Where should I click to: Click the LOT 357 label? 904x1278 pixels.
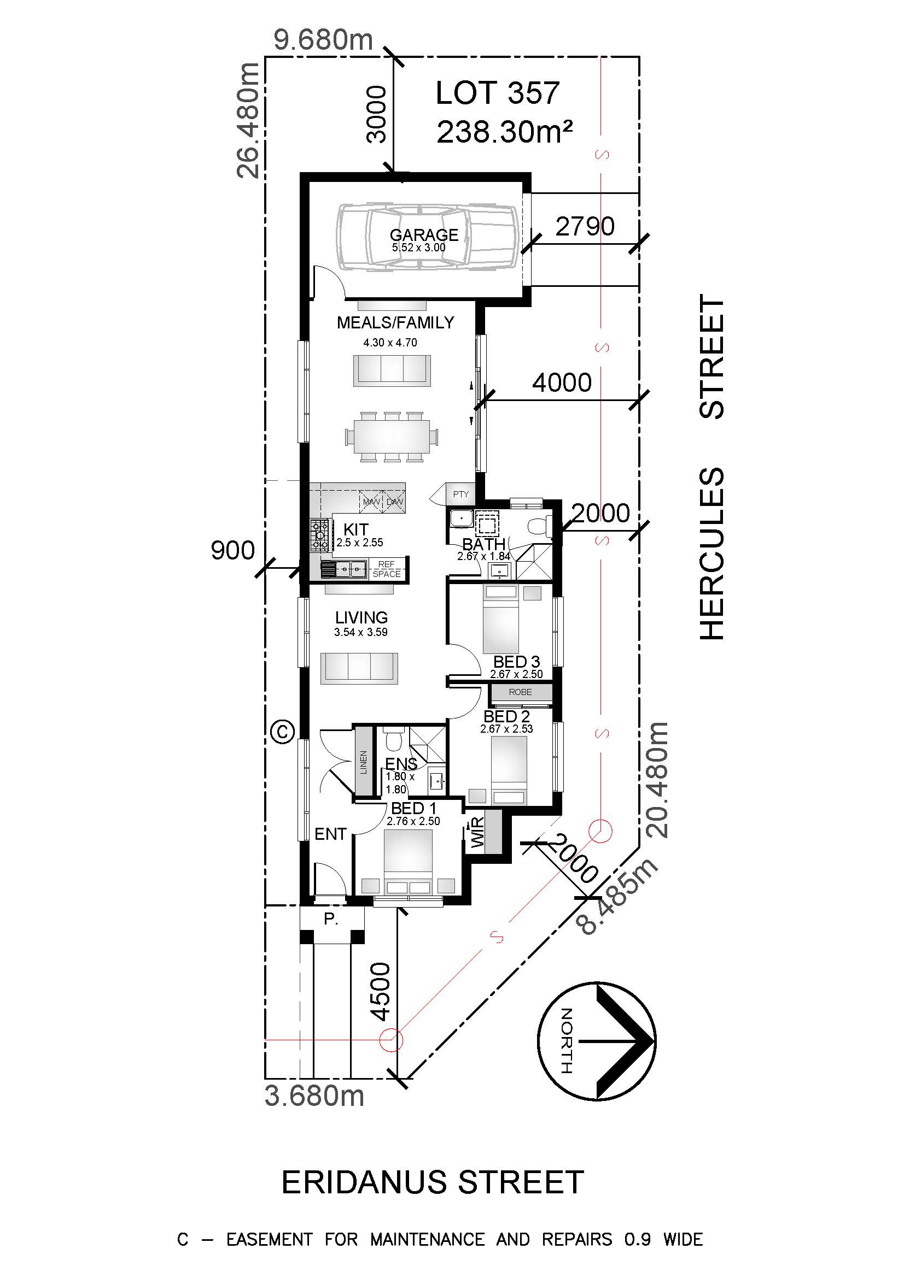coord(498,93)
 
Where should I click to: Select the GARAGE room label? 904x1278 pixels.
coord(424,235)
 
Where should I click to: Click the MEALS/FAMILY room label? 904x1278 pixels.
coord(395,322)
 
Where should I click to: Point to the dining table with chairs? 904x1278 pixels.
coord(391,437)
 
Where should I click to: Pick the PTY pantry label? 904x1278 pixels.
coord(460,494)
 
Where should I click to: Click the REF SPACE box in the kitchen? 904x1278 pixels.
coord(387,569)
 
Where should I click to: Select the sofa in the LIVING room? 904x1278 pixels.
coord(359,668)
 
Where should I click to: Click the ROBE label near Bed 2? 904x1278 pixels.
coord(520,692)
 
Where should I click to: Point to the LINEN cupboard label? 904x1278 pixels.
coord(364,762)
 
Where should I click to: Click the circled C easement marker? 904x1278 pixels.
coord(282,731)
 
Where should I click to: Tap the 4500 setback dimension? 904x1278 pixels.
coord(381,991)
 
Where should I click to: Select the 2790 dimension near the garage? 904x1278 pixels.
coord(585,226)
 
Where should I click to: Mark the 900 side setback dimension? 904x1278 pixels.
coord(233,551)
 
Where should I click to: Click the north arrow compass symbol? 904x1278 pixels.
coord(597,1041)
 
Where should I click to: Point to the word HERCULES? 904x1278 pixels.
coord(711,553)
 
